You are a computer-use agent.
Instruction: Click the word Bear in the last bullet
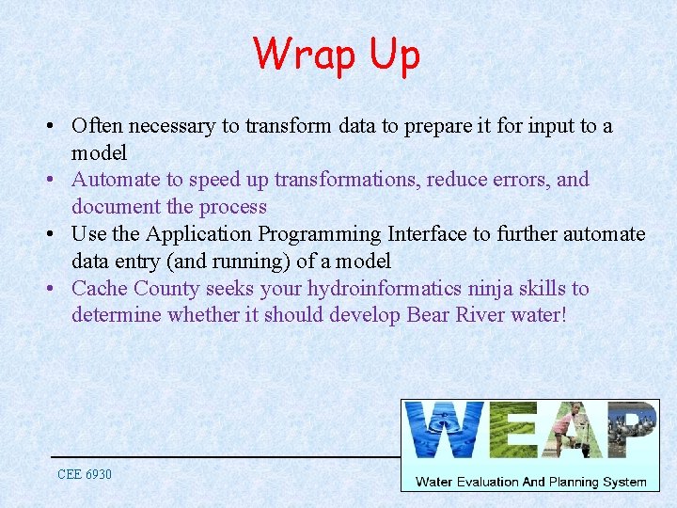pos(428,315)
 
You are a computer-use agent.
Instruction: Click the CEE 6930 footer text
pos(84,474)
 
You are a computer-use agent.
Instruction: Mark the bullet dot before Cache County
pos(57,289)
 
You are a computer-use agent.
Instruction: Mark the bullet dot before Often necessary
pos(57,126)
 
